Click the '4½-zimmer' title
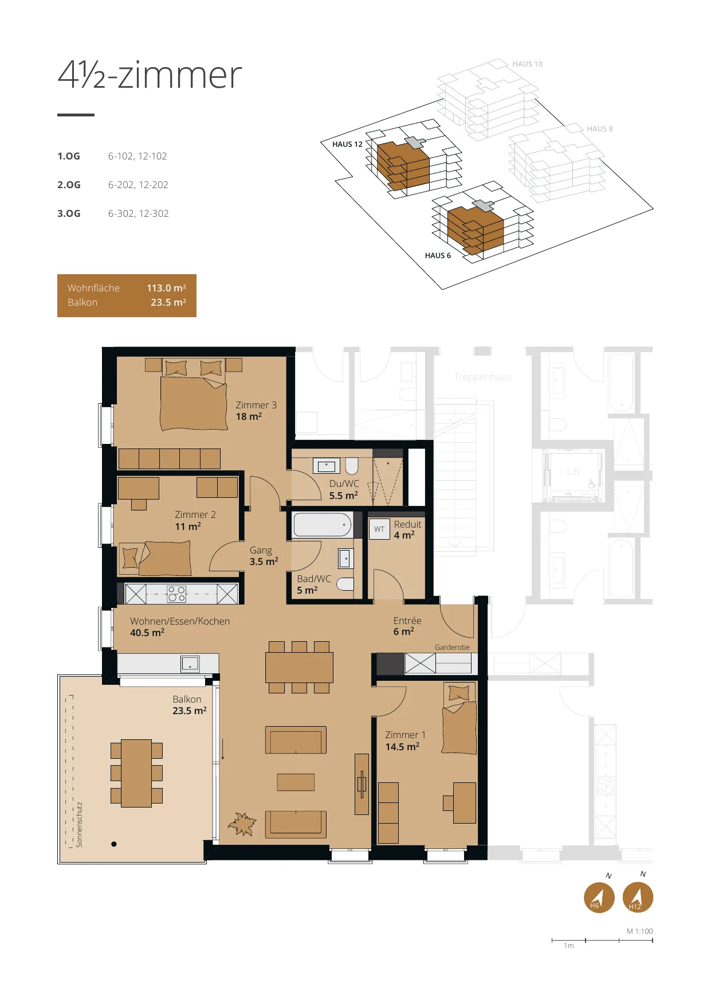pyautogui.click(x=150, y=75)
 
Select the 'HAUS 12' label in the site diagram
pyautogui.click(x=347, y=145)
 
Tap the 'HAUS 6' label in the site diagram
pyautogui.click(x=438, y=256)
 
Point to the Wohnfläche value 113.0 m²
pyautogui.click(x=166, y=288)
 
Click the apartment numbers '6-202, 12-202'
pyautogui.click(x=138, y=185)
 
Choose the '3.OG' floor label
pyautogui.click(x=69, y=213)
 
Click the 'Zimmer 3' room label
pyautogui.click(x=256, y=405)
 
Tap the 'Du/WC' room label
pyautogui.click(x=344, y=483)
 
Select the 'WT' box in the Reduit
pyautogui.click(x=379, y=529)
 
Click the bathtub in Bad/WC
pyautogui.click(x=323, y=524)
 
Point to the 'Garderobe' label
pyautogui.click(x=452, y=647)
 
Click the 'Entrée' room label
pyautogui.click(x=407, y=621)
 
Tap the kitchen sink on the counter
pyautogui.click(x=190, y=664)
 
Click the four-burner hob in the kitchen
pyautogui.click(x=176, y=594)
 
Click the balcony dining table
pyautogui.click(x=136, y=773)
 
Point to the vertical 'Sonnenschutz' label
pyautogui.click(x=80, y=824)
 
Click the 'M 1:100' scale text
pyautogui.click(x=639, y=931)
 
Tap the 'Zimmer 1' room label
pyautogui.click(x=405, y=735)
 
